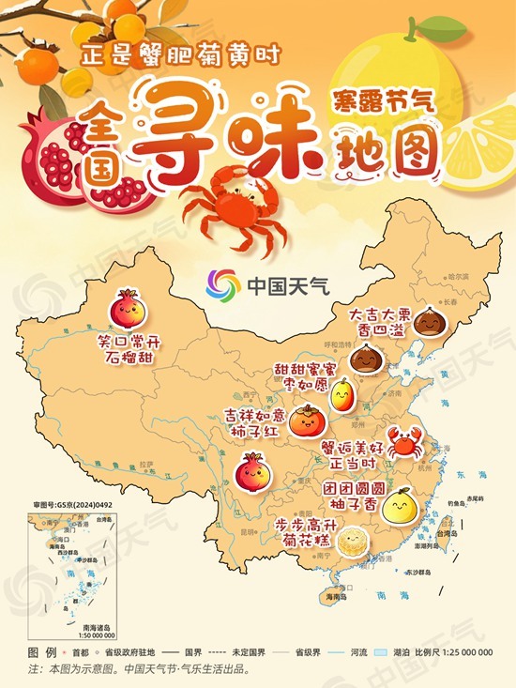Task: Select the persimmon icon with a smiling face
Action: (306, 420)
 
